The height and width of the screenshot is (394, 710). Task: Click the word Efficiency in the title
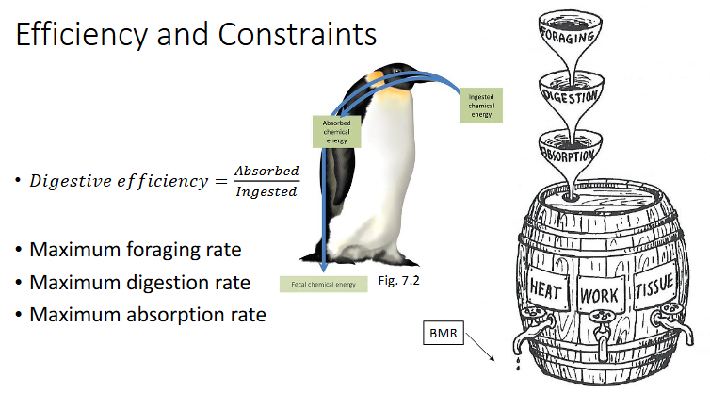pos(82,35)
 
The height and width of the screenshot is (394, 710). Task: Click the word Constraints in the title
pos(297,34)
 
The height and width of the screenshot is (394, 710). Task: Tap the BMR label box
pos(444,333)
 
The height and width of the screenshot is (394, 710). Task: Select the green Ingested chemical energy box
pos(481,106)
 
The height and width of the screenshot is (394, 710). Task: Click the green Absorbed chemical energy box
pos(336,131)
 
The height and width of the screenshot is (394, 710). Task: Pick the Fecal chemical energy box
pos(323,285)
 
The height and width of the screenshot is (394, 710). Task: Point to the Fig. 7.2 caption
pos(398,281)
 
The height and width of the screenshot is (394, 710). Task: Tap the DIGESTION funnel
pos(572,94)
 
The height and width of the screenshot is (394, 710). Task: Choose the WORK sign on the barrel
pos(600,295)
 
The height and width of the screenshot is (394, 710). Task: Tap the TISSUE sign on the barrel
pos(654,287)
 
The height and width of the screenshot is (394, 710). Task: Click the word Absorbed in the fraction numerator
pos(266,171)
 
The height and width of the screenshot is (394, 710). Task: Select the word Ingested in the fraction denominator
pos(266,191)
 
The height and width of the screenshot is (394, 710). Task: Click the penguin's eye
pos(396,72)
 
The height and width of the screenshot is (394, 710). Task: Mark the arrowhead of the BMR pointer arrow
pos(492,358)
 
